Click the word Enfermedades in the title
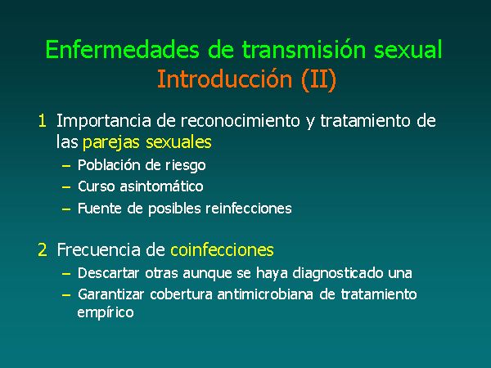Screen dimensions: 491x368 [x=123, y=49]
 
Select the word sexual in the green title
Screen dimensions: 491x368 [x=408, y=49]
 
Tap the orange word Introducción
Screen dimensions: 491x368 [x=224, y=79]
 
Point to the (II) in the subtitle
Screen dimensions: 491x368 [x=319, y=80]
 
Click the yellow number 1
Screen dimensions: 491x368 [x=43, y=121]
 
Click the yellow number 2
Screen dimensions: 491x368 [x=43, y=250]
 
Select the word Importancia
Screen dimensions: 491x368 [x=104, y=121]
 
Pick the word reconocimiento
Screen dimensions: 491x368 [x=240, y=121]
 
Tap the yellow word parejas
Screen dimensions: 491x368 [x=110, y=142]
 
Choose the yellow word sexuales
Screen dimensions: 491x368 [x=178, y=142]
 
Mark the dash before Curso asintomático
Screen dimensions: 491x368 [x=66, y=187]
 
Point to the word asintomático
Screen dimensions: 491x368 [x=161, y=186]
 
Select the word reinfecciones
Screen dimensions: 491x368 [x=249, y=209]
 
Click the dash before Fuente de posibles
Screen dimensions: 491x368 [x=66, y=209]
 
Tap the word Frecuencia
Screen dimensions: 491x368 [x=99, y=250]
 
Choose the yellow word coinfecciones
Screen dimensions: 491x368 [x=222, y=250]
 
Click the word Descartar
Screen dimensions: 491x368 [x=108, y=273]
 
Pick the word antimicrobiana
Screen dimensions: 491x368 [x=265, y=294]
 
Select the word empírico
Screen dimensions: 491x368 [x=106, y=312]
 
